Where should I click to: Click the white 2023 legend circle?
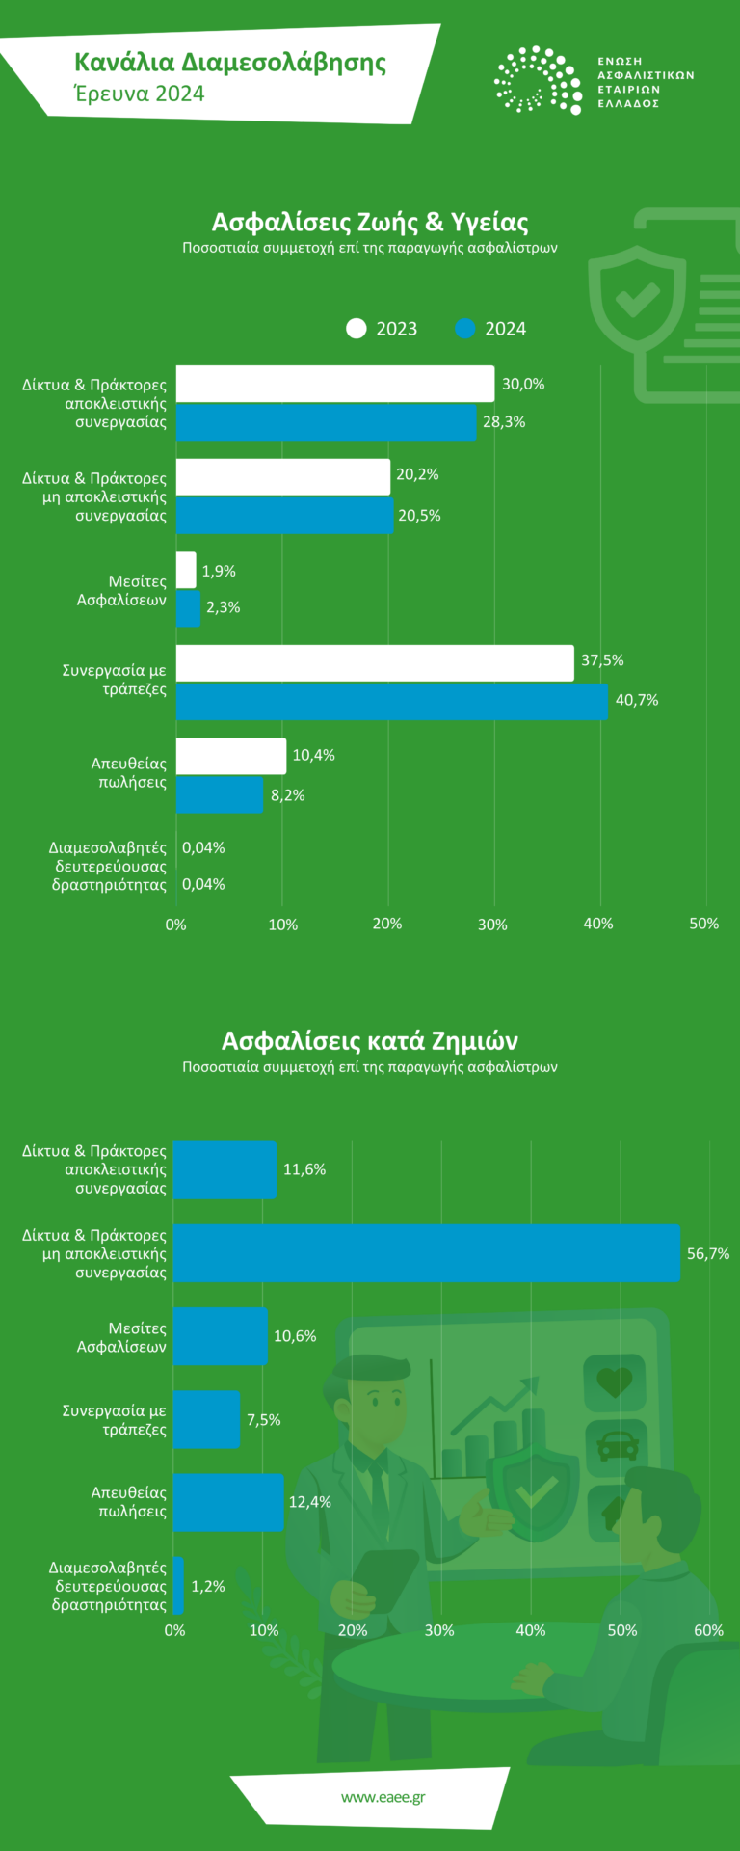357,329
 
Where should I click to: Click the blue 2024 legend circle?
465,329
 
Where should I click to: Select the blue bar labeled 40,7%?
392,701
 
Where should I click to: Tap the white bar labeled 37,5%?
375,662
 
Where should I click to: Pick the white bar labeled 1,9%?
186,570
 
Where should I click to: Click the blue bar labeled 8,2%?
220,794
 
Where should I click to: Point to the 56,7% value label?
707,1254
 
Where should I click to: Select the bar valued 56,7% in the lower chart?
426,1253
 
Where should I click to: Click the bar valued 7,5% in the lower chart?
206,1419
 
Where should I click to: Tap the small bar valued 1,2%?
179,1585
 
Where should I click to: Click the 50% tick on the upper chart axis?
704,924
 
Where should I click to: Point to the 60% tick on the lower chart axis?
708,1630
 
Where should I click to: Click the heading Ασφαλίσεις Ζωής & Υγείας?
370,223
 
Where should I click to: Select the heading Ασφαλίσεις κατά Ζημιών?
370,1041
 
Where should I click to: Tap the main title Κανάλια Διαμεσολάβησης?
230,64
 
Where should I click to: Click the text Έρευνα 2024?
140,94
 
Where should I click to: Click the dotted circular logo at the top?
538,80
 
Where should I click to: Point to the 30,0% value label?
523,384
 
